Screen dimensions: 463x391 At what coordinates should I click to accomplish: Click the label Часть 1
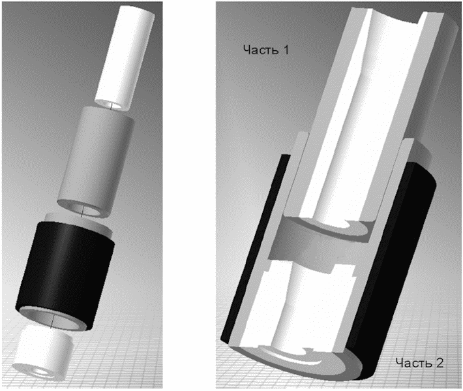[266, 50]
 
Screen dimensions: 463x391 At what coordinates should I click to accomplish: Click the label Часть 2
[419, 363]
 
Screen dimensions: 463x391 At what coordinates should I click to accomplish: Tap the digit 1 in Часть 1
[286, 50]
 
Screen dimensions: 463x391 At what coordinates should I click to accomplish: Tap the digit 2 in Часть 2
[440, 363]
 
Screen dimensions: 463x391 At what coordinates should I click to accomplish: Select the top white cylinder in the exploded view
[125, 57]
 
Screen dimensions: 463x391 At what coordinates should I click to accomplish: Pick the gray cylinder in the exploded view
[96, 162]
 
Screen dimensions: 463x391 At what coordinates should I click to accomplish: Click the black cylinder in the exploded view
[65, 274]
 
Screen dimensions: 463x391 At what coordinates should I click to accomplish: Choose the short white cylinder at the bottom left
[43, 352]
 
